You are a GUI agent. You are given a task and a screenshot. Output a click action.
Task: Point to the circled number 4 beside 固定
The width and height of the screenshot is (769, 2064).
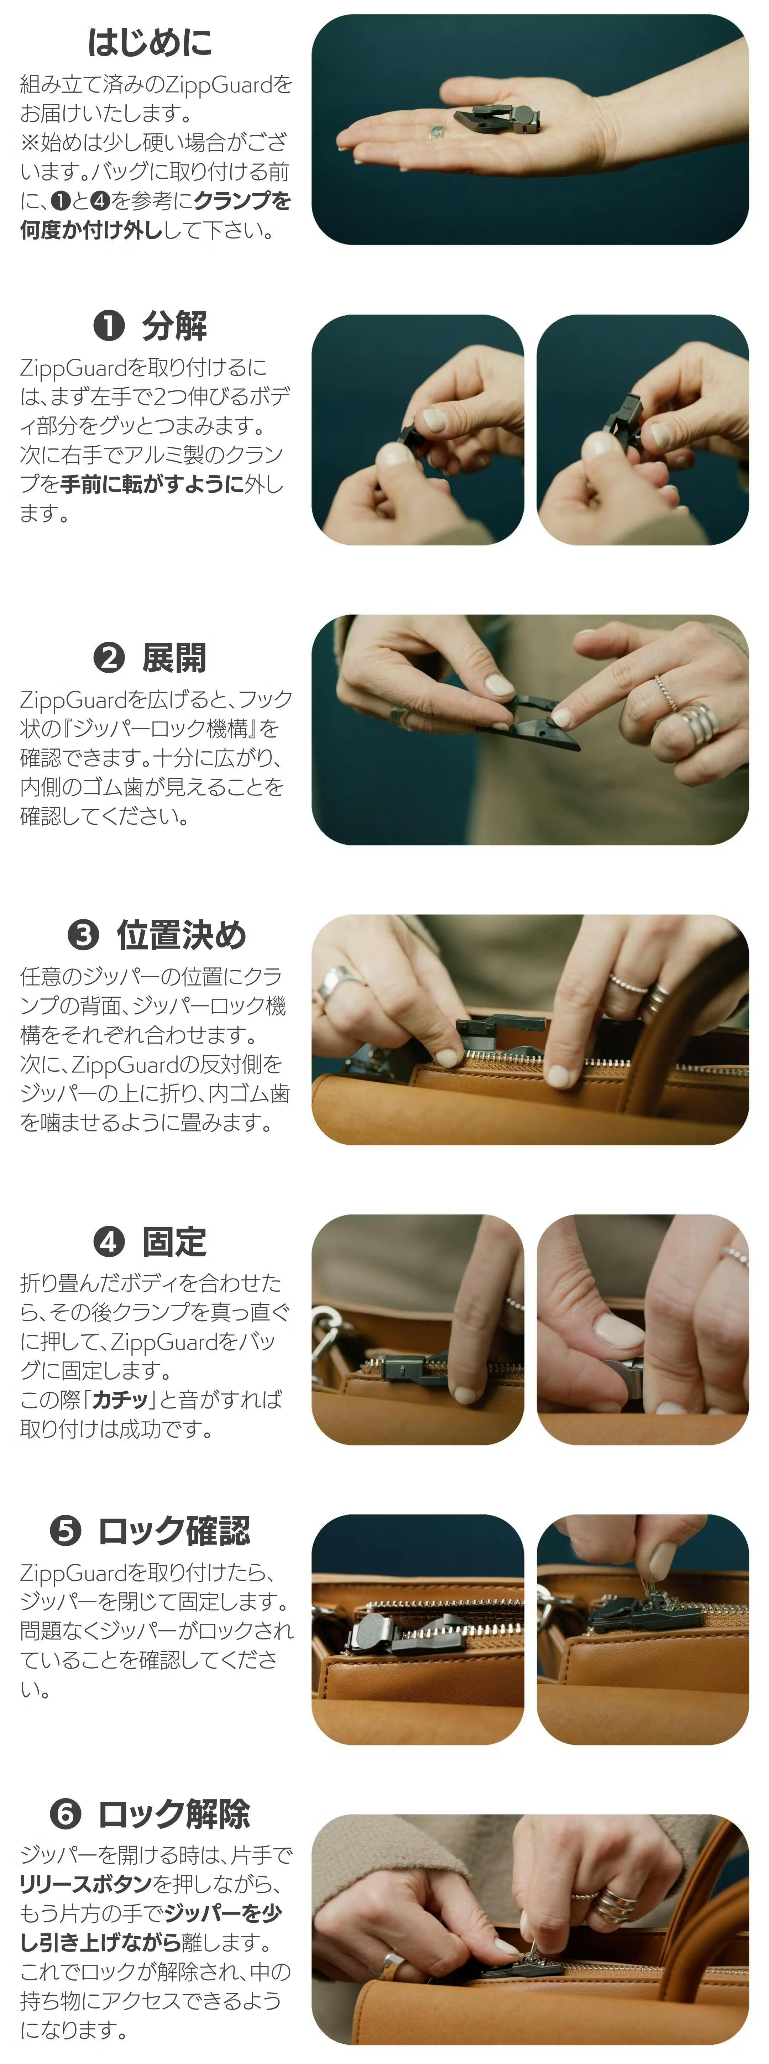(x=109, y=1242)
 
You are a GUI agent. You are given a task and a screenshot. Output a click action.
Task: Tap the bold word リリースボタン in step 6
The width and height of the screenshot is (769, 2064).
(x=86, y=1883)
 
